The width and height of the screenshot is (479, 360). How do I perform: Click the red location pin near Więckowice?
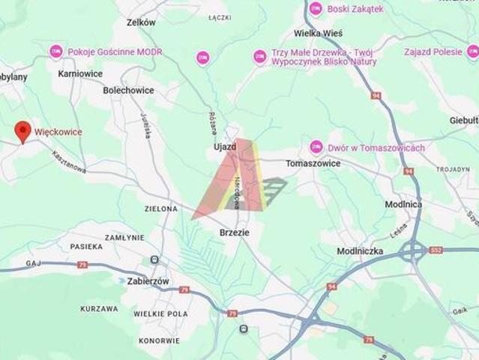23,131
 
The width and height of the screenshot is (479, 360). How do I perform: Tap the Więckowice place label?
58,132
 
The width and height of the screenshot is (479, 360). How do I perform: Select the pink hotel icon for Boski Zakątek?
316,9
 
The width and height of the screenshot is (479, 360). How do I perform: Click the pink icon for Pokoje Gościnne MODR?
56,52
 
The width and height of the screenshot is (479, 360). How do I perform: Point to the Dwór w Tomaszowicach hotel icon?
316,147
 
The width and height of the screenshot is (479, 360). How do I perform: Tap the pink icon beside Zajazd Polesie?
472,52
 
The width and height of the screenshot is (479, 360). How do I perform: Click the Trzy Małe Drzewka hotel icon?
259,57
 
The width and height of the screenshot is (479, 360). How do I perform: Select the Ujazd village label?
223,147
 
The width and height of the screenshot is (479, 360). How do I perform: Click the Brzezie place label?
235,232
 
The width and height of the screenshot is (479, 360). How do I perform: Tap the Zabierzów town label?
147,280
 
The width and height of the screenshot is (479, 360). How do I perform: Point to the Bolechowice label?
129,91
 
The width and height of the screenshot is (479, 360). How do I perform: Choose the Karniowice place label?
80,74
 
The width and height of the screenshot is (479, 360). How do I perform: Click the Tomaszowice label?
313,163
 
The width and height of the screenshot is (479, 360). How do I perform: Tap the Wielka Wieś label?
318,33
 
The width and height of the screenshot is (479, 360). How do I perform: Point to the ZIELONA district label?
161,208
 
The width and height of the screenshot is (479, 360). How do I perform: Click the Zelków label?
141,22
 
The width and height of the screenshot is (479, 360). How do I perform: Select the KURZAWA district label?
100,308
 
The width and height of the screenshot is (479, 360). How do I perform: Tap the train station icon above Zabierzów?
155,259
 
